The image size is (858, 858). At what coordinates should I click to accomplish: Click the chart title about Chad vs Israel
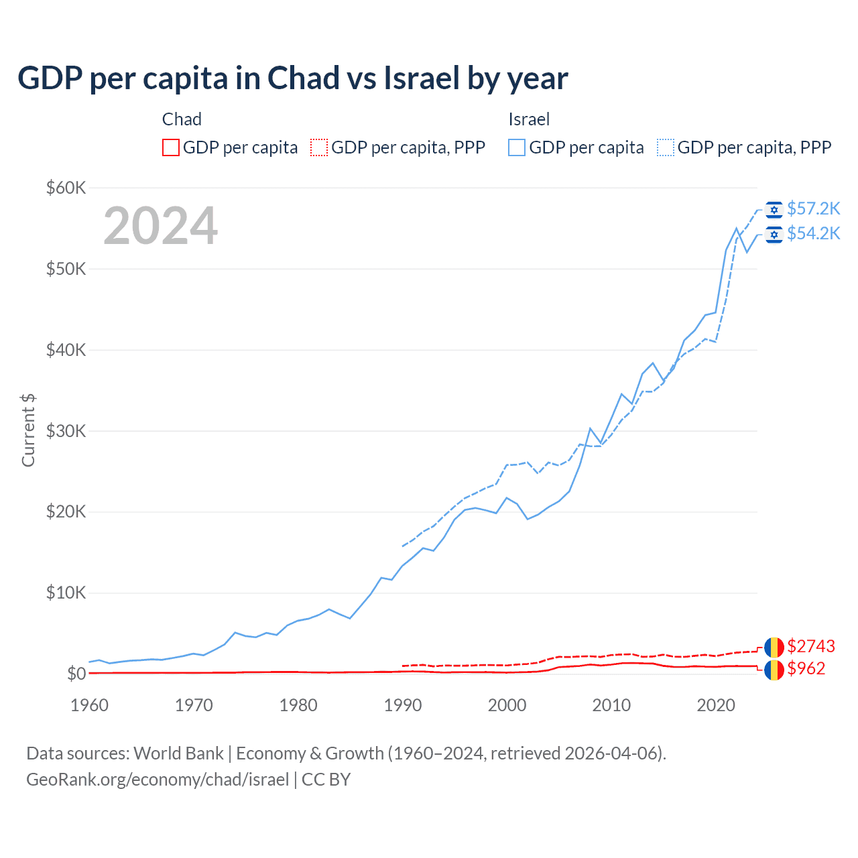click(x=293, y=78)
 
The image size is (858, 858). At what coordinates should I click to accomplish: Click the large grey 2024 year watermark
click(x=161, y=226)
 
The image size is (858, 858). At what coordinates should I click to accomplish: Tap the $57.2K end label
click(x=813, y=208)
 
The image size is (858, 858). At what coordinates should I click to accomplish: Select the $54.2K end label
click(x=813, y=233)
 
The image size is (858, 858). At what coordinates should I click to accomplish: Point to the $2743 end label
click(x=811, y=646)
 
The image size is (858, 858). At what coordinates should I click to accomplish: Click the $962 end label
click(x=806, y=668)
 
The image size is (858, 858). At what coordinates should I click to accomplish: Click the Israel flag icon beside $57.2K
click(x=774, y=210)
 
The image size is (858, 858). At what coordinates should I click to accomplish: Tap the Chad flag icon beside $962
click(x=774, y=670)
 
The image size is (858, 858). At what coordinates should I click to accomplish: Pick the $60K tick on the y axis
click(x=66, y=188)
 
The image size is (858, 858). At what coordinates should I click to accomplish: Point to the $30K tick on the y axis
click(x=66, y=431)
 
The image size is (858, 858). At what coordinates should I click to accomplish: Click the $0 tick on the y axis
click(x=76, y=674)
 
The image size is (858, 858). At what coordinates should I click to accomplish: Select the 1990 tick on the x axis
click(x=403, y=705)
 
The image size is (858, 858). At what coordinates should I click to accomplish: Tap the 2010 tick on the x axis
click(x=611, y=705)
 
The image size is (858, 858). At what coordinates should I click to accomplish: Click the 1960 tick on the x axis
click(x=89, y=705)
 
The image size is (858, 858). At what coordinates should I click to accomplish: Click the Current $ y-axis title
click(x=28, y=430)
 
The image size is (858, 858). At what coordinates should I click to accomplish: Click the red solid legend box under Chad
click(x=171, y=147)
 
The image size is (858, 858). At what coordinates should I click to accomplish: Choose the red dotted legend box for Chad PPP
click(x=319, y=147)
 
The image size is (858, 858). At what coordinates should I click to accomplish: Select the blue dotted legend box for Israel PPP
click(x=666, y=147)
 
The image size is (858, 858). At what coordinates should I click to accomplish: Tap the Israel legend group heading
click(x=529, y=119)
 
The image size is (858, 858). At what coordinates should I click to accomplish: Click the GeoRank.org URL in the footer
click(x=158, y=780)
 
